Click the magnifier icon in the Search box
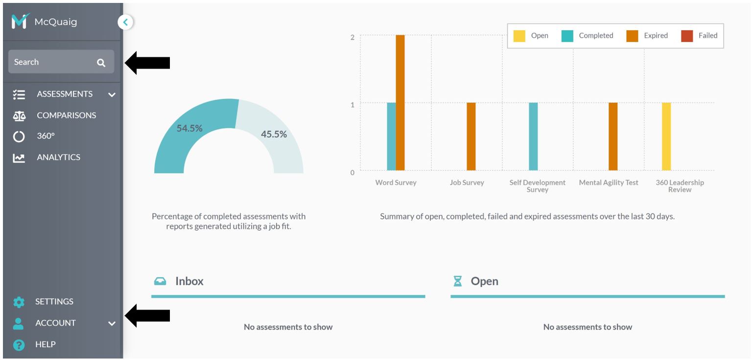pos(101,62)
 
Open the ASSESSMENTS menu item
pos(64,94)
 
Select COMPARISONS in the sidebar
pos(66,116)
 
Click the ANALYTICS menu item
pos(58,157)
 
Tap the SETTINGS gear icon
pos(19,302)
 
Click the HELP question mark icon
pos(19,345)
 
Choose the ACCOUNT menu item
pos(55,323)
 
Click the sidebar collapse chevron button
pos(125,22)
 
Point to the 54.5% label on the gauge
pos(189,128)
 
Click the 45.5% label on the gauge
pos(274,134)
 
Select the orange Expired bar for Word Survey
pos(400,103)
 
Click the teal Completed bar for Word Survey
pos(391,137)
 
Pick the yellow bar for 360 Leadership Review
pos(666,137)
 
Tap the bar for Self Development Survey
pos(533,137)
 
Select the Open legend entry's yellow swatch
pos(519,36)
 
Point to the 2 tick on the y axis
pos(353,37)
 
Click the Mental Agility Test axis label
pos(609,183)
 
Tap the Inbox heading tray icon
pos(160,281)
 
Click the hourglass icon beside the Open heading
pos(458,281)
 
